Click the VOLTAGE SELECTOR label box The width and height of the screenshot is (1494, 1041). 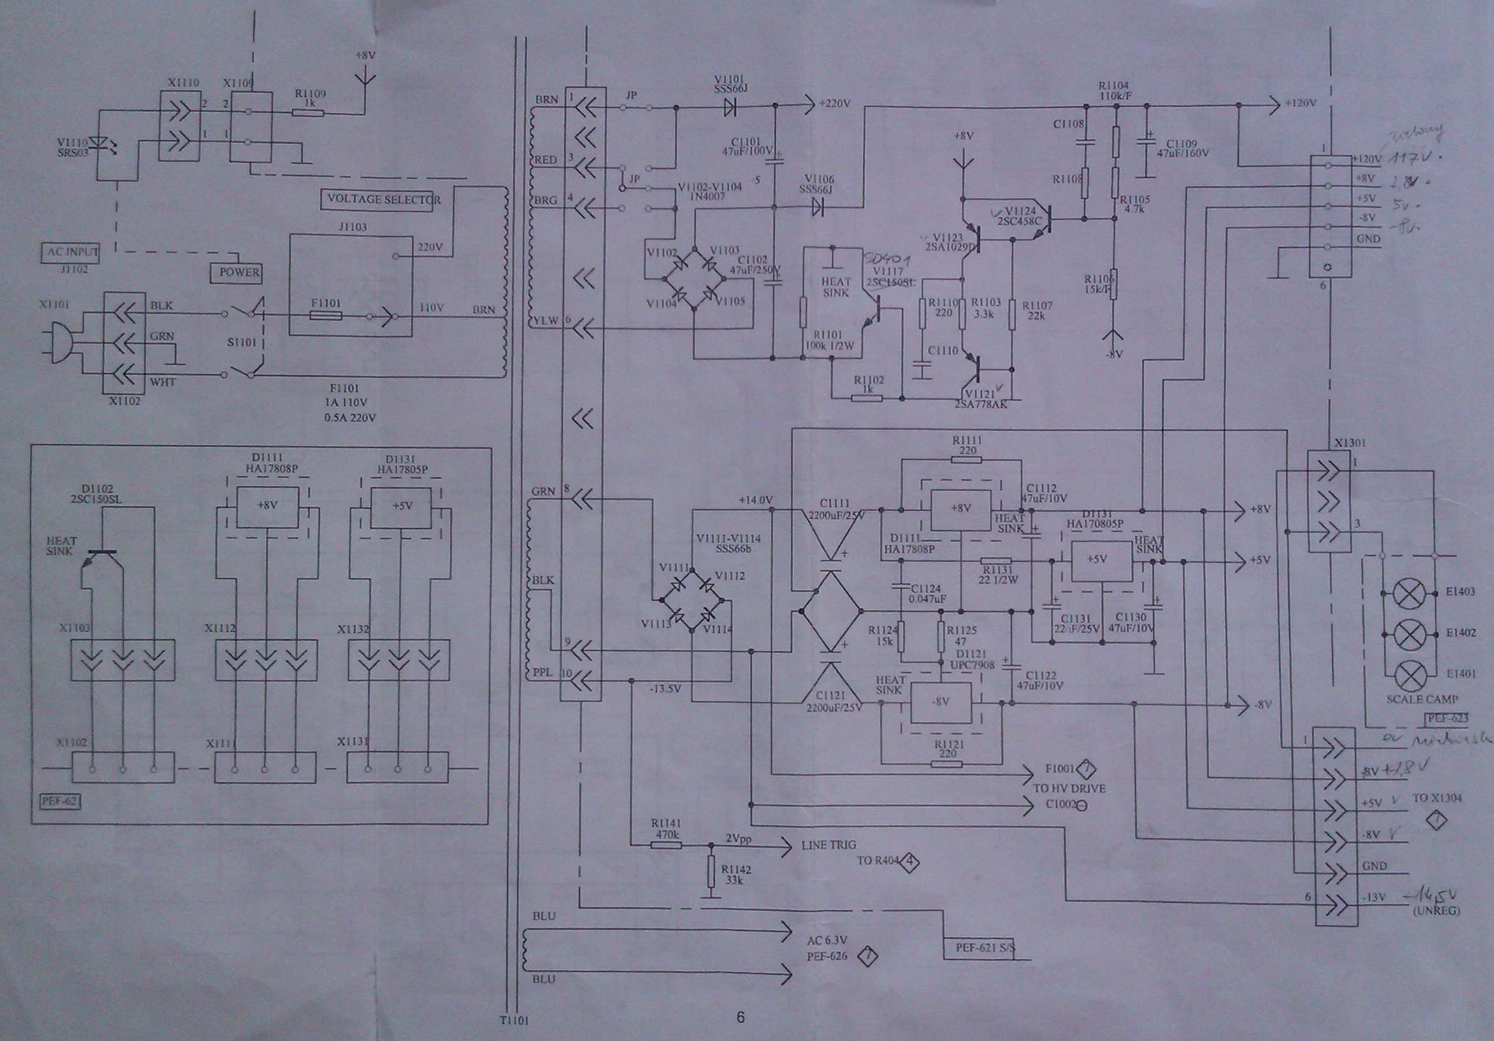384,199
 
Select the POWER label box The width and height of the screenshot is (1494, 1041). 236,273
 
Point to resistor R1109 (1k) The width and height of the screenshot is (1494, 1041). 308,113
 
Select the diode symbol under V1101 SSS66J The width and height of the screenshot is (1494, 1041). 729,108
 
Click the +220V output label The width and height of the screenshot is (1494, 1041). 835,104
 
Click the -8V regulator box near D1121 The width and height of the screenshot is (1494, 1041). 940,703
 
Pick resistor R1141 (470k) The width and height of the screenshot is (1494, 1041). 666,845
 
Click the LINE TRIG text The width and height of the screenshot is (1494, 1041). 828,845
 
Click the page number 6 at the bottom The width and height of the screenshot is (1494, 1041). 740,1017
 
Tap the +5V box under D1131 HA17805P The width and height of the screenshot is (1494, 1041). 402,506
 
